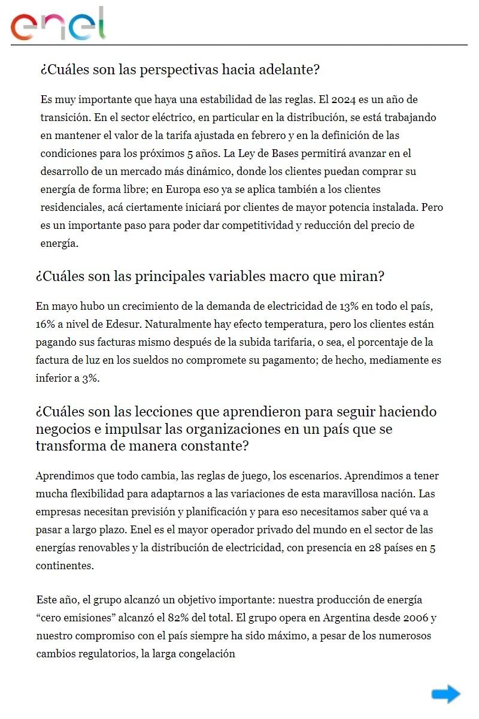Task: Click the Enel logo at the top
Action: tap(58, 25)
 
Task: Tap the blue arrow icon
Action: tap(445, 694)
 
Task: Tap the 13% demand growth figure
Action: tap(348, 306)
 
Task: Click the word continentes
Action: tap(65, 566)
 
